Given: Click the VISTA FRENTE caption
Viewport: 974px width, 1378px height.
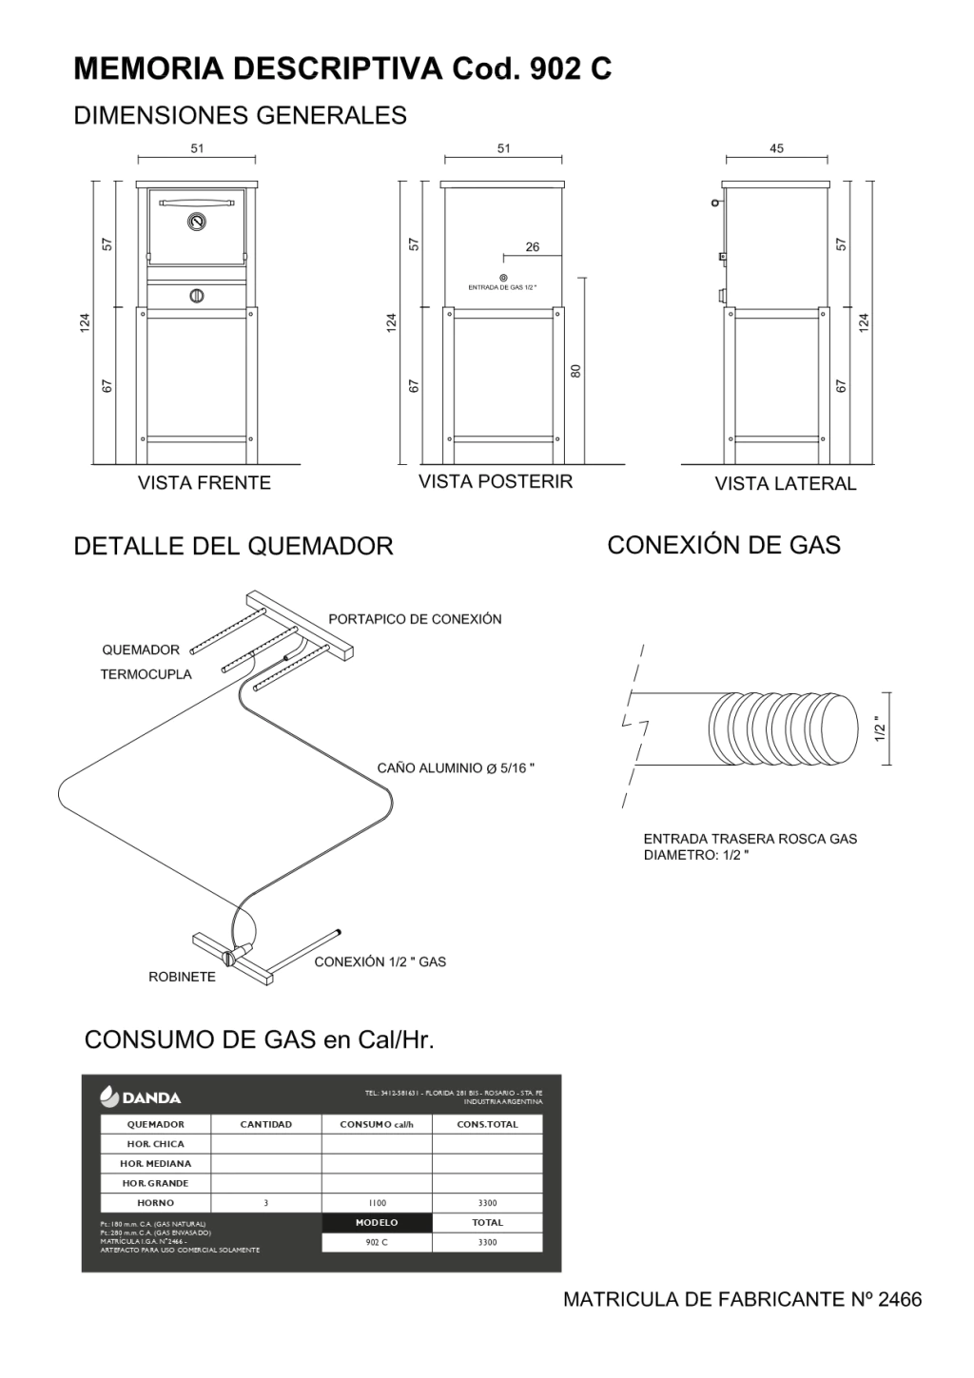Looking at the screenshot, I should (x=204, y=482).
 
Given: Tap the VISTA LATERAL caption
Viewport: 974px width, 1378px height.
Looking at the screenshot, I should (x=786, y=483).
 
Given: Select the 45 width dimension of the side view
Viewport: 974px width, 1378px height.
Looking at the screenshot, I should (x=776, y=148).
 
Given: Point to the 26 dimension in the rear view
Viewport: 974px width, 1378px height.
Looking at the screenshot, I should (x=532, y=247).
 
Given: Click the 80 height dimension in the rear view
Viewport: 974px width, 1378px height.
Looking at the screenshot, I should (x=575, y=372).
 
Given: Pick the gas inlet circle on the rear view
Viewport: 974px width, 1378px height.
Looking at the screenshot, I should (x=502, y=277).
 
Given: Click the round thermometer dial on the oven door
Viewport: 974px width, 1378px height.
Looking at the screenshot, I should (x=196, y=223).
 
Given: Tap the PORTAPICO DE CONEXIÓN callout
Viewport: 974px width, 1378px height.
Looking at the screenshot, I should (x=415, y=619).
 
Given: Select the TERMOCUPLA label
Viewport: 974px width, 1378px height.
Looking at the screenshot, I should (x=146, y=674).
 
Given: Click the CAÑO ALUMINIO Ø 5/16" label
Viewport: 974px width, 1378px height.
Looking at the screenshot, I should (x=456, y=768).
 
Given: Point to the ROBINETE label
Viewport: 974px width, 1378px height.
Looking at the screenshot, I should (x=182, y=977).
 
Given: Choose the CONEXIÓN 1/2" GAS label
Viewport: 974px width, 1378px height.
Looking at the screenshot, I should (x=380, y=961).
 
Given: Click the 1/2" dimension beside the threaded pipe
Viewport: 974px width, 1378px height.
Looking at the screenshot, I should (x=879, y=728).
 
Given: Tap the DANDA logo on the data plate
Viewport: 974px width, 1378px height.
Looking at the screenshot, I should (x=140, y=1097).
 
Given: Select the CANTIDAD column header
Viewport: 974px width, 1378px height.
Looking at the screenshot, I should (x=265, y=1124).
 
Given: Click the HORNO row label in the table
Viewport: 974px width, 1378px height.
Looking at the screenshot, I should (x=155, y=1203).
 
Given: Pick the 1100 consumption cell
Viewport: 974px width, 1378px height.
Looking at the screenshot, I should (x=377, y=1203).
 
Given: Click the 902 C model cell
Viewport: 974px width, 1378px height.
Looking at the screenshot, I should (x=377, y=1243).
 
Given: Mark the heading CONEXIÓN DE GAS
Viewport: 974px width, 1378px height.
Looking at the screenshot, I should (x=723, y=545).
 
